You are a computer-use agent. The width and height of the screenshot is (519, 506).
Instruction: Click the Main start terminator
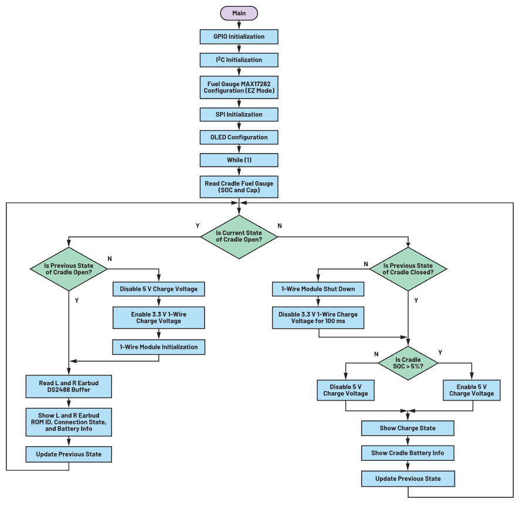(239, 13)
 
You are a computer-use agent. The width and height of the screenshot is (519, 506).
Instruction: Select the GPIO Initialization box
(239, 37)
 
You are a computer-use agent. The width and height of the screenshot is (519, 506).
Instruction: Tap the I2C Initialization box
(239, 60)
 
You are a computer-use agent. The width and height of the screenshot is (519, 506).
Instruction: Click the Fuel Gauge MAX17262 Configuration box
(239, 87)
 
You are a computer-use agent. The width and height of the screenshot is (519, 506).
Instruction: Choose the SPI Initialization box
(239, 114)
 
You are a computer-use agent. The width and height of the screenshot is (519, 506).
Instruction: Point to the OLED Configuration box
(239, 137)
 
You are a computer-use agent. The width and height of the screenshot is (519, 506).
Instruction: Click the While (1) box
(239, 160)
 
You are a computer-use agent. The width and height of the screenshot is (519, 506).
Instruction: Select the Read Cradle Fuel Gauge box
(239, 187)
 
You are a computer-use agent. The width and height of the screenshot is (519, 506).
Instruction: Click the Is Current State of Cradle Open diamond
(239, 237)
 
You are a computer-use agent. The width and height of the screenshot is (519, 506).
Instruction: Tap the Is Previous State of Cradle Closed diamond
(408, 269)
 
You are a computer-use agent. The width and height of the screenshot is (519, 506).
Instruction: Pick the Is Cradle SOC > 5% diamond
(408, 363)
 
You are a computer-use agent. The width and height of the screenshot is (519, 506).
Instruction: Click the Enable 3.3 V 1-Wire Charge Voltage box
(159, 318)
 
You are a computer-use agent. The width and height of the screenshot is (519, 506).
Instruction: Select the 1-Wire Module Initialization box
(159, 347)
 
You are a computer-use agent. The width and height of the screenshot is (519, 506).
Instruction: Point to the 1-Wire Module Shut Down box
(318, 289)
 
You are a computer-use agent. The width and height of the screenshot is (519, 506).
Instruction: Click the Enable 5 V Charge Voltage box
(471, 390)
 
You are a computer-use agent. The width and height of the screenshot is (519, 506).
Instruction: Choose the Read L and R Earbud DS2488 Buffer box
(69, 386)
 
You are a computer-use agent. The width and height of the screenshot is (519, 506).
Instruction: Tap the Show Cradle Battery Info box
(408, 453)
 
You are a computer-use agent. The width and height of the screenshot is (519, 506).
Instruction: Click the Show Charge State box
(408, 428)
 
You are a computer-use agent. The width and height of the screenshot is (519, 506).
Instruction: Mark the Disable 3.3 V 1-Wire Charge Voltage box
(318, 318)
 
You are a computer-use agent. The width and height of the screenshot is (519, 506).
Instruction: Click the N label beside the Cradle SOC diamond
(376, 354)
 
